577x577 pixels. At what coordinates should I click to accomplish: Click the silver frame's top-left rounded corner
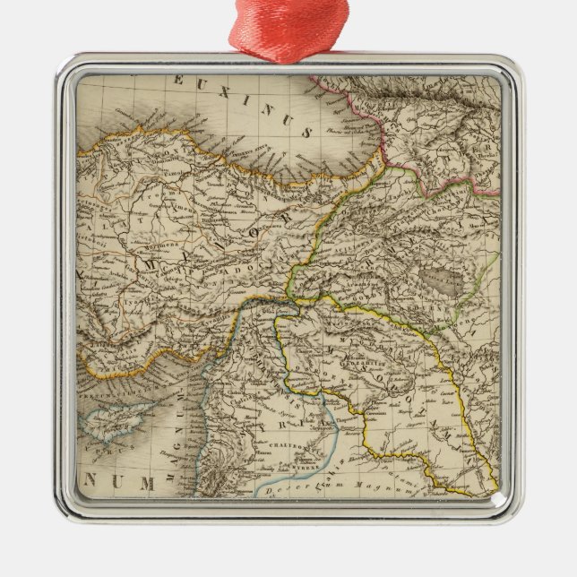click(x=68, y=68)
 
